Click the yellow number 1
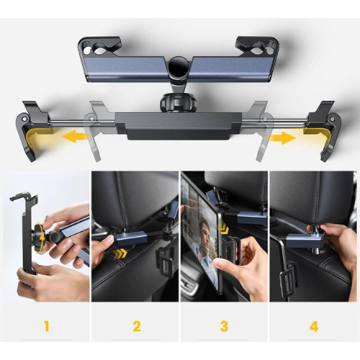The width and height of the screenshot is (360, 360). point(47,327)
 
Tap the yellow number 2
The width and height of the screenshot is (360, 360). point(136,327)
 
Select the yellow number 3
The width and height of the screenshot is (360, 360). point(224,327)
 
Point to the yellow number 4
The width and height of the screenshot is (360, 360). point(313,327)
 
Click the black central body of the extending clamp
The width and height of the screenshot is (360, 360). point(178,126)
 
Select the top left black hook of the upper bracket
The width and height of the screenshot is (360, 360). point(99,45)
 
